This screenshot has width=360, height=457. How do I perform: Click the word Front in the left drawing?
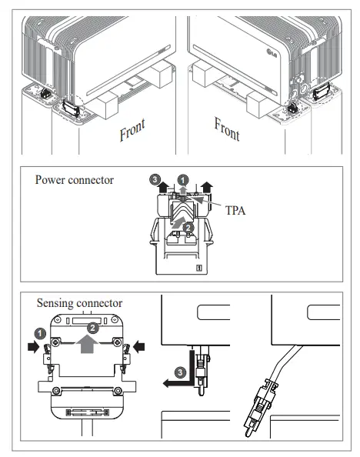[132, 130]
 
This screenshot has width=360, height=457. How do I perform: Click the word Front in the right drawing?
[227, 128]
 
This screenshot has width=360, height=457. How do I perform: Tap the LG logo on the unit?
[272, 53]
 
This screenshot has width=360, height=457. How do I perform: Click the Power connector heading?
[75, 180]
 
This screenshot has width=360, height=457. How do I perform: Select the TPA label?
[235, 211]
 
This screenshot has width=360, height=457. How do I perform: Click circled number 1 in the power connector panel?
[183, 180]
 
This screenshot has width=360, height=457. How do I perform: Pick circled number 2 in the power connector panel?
[188, 228]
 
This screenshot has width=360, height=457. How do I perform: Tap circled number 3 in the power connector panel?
[155, 179]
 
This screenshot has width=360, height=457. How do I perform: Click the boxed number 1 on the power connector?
[199, 267]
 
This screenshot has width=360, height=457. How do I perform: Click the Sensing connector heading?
[79, 303]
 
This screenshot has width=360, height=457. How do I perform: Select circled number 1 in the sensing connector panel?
[40, 334]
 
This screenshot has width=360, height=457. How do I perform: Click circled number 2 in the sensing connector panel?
[93, 329]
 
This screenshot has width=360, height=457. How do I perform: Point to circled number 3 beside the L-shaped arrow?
[180, 372]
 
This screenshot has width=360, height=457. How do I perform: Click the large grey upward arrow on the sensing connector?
[88, 344]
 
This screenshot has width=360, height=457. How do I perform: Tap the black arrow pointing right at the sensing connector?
[34, 347]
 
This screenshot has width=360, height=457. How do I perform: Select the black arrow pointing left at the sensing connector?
[138, 347]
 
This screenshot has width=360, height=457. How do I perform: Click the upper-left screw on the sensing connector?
[55, 342]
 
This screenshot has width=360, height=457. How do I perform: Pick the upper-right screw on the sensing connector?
[117, 342]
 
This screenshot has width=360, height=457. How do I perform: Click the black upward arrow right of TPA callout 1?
[207, 186]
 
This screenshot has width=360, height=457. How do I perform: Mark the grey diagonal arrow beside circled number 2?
[178, 222]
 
